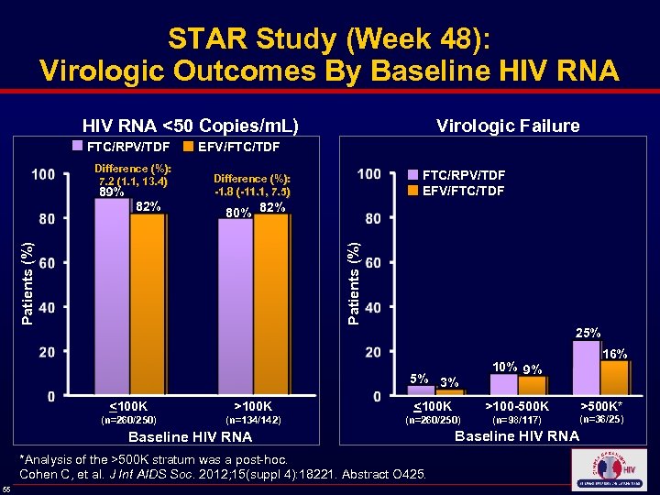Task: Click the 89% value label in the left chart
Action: (112, 193)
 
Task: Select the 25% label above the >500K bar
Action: (588, 332)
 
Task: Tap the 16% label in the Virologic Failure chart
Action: (614, 353)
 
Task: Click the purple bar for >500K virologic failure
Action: (585, 368)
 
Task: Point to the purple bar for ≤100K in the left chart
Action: (112, 298)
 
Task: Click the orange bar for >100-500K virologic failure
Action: (533, 385)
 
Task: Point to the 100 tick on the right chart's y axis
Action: (369, 174)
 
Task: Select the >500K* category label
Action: (601, 406)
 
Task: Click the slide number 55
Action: (7, 489)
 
